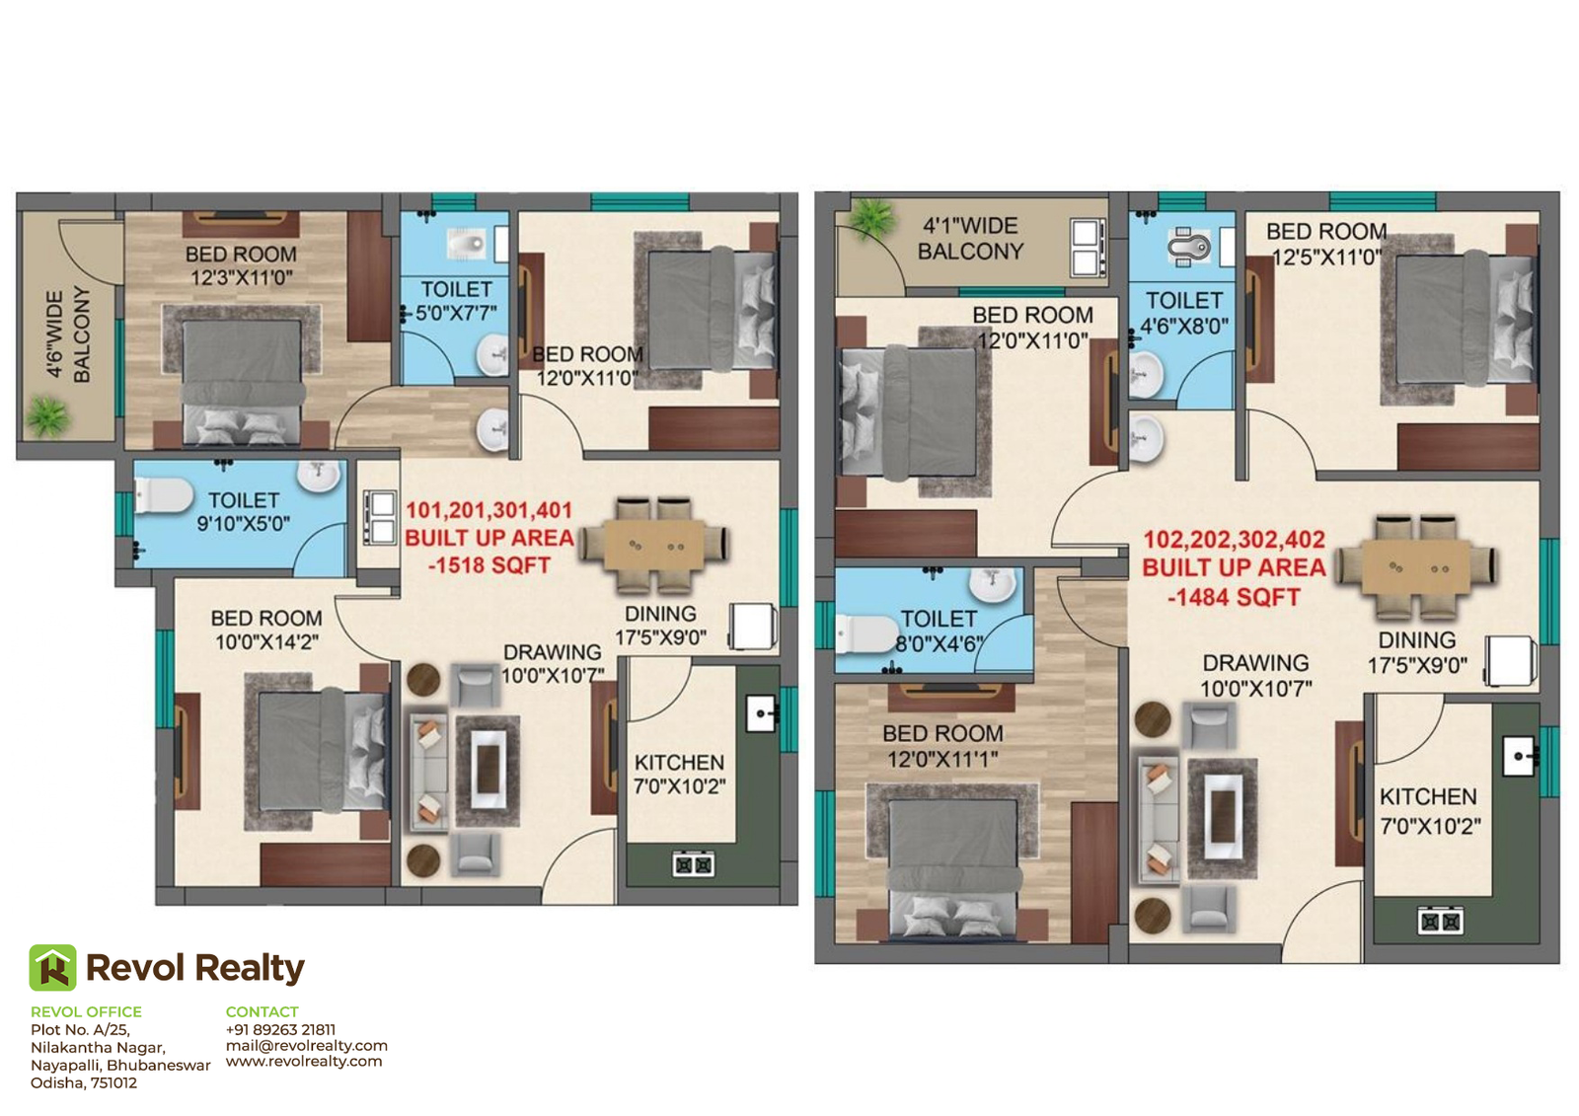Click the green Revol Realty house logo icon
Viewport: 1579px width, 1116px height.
(x=53, y=967)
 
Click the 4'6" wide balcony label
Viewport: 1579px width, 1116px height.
(x=68, y=334)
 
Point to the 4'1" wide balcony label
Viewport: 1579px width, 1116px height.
(x=971, y=238)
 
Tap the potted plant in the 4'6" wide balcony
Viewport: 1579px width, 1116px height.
(x=48, y=416)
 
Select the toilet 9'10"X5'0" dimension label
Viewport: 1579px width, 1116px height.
(x=243, y=512)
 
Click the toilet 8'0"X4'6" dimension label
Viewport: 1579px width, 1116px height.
(x=939, y=631)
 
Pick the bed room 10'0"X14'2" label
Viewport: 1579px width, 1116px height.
(x=266, y=630)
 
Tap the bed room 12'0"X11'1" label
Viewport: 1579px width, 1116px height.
(x=943, y=746)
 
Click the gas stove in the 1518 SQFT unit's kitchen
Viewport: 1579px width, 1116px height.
(x=694, y=863)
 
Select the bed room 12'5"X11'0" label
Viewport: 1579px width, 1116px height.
(x=1326, y=244)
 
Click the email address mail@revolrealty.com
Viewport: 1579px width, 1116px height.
(x=307, y=1046)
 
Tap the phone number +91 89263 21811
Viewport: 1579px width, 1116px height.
(x=280, y=1029)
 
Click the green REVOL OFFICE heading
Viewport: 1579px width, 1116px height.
(x=86, y=1011)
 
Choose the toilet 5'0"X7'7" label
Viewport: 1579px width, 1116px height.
(x=456, y=301)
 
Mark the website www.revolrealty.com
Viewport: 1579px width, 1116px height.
(x=304, y=1061)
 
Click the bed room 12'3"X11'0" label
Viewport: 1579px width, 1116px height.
(x=241, y=265)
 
